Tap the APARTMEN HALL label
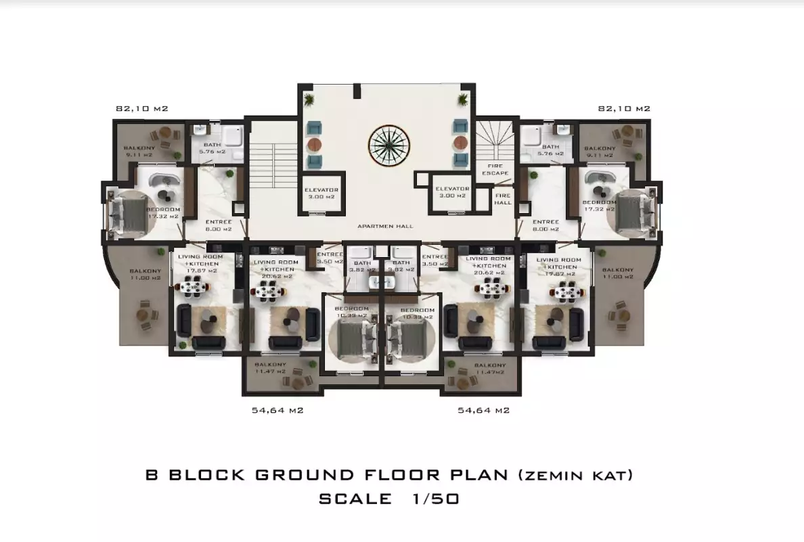pyautogui.click(x=385, y=226)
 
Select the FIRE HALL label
pyautogui.click(x=503, y=198)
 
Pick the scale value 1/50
pyautogui.click(x=434, y=499)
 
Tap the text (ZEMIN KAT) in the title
pyautogui.click(x=575, y=475)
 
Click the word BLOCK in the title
pyautogui.click(x=206, y=474)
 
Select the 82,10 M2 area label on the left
pyautogui.click(x=141, y=108)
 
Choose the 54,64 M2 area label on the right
pyautogui.click(x=483, y=410)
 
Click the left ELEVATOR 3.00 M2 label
pyautogui.click(x=321, y=192)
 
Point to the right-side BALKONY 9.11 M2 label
pyautogui.click(x=599, y=151)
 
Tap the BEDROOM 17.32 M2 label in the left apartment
pyautogui.click(x=163, y=213)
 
